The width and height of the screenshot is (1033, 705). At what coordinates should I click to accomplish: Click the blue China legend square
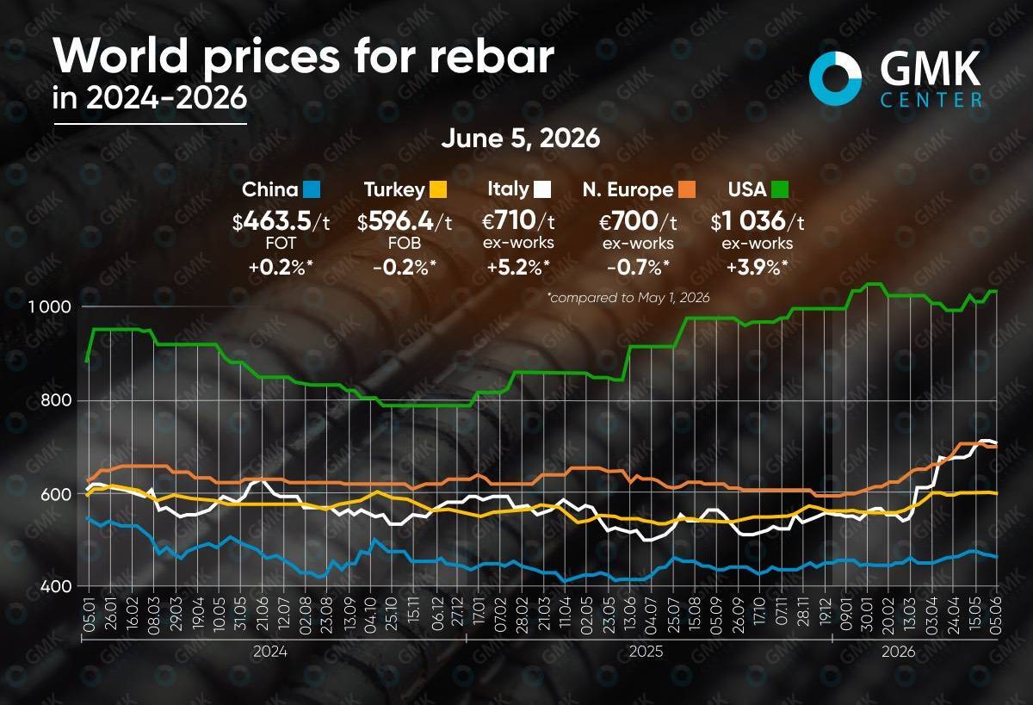[312, 189]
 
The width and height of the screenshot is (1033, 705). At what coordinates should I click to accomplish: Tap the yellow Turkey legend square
[438, 189]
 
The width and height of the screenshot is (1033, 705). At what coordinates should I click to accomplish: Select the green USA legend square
[780, 189]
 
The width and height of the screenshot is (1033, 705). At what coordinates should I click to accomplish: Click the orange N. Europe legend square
[687, 189]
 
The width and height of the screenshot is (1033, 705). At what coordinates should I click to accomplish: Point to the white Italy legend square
[541, 189]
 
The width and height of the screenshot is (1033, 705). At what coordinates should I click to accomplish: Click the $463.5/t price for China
[281, 221]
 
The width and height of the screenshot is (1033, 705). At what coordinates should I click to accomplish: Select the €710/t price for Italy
[518, 221]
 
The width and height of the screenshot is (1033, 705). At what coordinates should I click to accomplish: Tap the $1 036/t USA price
[758, 221]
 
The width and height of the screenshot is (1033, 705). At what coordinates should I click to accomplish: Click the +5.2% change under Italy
[518, 268]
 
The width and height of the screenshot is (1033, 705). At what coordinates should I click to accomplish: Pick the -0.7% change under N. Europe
[638, 268]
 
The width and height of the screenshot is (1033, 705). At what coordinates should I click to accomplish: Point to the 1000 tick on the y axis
[50, 306]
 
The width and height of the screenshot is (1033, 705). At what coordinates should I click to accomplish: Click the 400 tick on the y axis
[56, 586]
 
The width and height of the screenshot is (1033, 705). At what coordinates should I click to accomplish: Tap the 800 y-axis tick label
[56, 400]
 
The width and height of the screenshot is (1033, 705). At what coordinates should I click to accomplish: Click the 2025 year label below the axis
[646, 652]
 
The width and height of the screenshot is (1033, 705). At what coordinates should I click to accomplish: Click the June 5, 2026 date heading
[521, 139]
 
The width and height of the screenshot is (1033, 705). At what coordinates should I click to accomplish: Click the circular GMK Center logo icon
[835, 85]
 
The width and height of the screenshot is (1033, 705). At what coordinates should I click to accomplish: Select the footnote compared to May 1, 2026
[628, 298]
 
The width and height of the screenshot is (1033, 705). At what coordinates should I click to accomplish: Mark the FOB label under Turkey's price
[405, 244]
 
